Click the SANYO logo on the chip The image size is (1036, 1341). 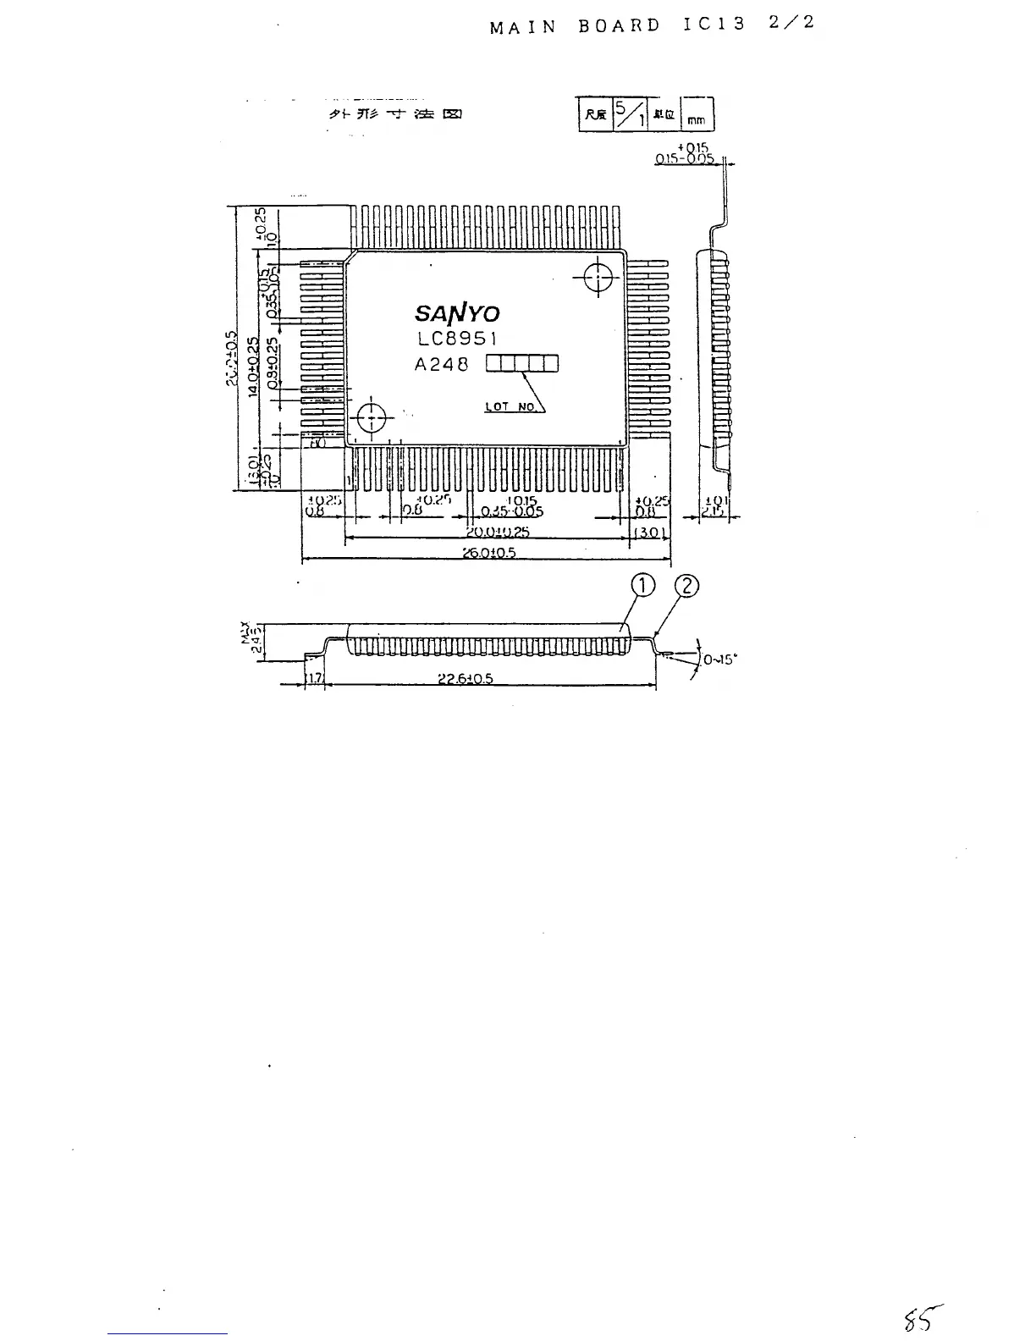tap(457, 312)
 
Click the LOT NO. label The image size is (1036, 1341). tap(511, 407)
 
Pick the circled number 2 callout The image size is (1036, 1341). tap(686, 586)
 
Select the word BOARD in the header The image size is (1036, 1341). tap(620, 25)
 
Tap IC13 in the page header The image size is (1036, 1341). tap(714, 25)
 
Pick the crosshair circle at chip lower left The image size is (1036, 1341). tap(372, 417)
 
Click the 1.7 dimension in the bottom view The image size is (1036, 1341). tap(314, 679)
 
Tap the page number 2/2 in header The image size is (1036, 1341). tap(792, 23)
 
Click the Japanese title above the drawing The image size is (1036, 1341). tap(394, 114)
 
